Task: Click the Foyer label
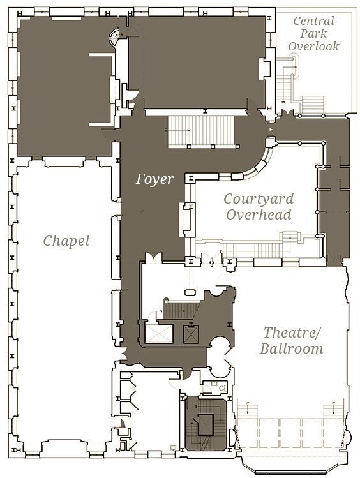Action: [x=155, y=179]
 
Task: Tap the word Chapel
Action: [x=66, y=241]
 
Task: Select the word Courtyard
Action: [x=259, y=199]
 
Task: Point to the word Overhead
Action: [x=259, y=214]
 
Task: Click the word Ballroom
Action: [x=292, y=348]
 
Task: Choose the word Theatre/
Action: [x=292, y=332]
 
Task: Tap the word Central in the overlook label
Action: [x=313, y=21]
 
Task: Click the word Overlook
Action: [x=313, y=47]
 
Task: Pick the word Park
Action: [x=313, y=34]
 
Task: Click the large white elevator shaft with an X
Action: [x=159, y=334]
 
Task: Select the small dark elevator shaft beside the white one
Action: [x=191, y=334]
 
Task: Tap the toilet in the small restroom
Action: [x=223, y=388]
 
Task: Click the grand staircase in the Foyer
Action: [x=202, y=131]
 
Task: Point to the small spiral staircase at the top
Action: [x=115, y=37]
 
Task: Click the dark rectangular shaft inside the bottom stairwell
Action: [x=206, y=424]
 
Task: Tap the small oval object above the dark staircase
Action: [x=190, y=293]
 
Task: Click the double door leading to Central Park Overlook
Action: [x=287, y=112]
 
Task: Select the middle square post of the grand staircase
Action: [x=213, y=147]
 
